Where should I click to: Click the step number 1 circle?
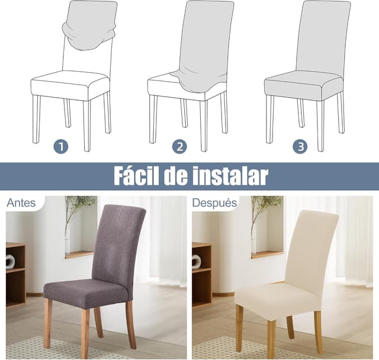click(x=61, y=146)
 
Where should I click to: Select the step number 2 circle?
click(x=179, y=146)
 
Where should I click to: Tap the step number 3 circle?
click(x=300, y=146)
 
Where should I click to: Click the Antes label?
click(x=20, y=203)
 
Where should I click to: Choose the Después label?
click(x=214, y=203)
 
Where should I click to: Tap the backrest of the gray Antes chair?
click(x=118, y=243)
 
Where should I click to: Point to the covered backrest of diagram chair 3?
click(x=323, y=36)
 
